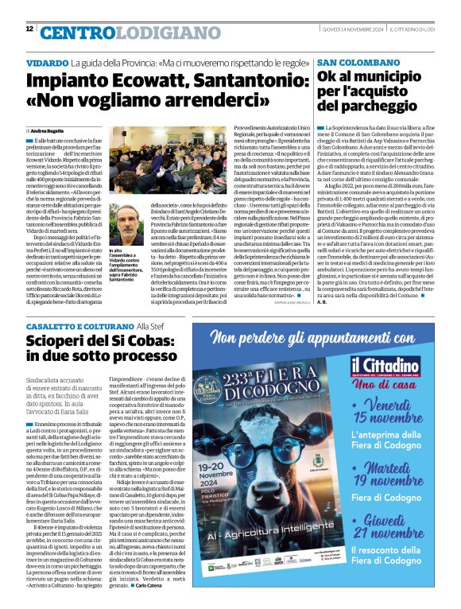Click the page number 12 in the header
click(x=29, y=29)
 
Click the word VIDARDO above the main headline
click(x=46, y=62)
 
